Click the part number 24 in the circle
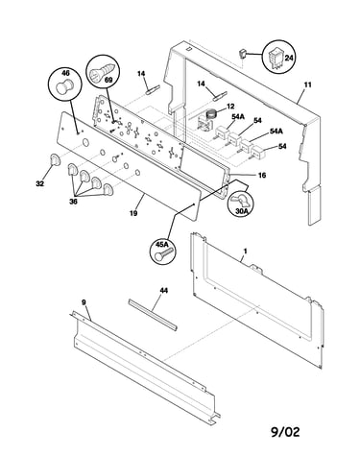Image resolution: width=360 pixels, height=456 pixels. [289, 58]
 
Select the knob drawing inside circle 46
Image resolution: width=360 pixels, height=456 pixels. [64, 86]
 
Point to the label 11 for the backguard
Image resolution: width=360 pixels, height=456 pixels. [307, 85]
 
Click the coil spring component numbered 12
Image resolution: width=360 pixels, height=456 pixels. [211, 115]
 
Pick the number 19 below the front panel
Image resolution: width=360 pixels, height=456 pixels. [133, 213]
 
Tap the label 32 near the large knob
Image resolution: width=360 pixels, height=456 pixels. [39, 183]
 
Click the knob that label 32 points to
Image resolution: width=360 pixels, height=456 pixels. [55, 159]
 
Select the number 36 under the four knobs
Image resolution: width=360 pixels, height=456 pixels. [73, 202]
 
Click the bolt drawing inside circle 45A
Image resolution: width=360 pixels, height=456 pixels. [163, 254]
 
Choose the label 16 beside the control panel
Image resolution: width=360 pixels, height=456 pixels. [262, 176]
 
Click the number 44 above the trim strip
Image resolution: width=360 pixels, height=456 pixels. [163, 290]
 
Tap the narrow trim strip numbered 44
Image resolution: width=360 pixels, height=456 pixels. [153, 315]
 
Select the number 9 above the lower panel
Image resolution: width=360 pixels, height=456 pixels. [84, 302]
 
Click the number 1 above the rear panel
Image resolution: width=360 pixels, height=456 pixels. [245, 252]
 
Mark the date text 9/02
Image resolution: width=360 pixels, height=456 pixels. [285, 432]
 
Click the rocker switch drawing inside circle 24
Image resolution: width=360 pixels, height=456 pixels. [276, 59]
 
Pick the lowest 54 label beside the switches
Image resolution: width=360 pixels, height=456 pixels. [282, 147]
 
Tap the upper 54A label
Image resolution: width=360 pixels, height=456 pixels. [238, 117]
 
